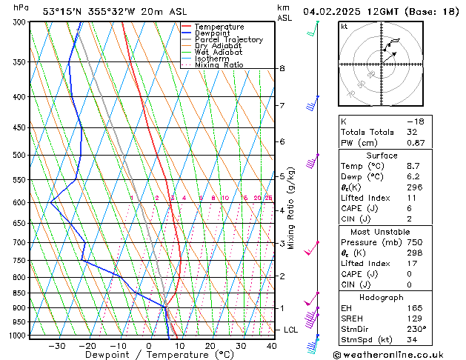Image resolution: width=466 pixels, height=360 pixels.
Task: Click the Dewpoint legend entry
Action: point(217,33)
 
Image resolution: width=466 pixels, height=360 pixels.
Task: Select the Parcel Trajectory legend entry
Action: point(228,39)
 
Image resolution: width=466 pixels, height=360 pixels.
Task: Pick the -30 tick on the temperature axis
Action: point(57,346)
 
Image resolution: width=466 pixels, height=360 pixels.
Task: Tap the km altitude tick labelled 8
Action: point(282,69)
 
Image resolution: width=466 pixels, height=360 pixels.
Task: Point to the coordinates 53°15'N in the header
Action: point(61,11)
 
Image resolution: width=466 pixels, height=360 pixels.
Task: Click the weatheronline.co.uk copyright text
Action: point(399,354)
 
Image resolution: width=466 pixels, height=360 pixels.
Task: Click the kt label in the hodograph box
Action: point(344,27)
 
